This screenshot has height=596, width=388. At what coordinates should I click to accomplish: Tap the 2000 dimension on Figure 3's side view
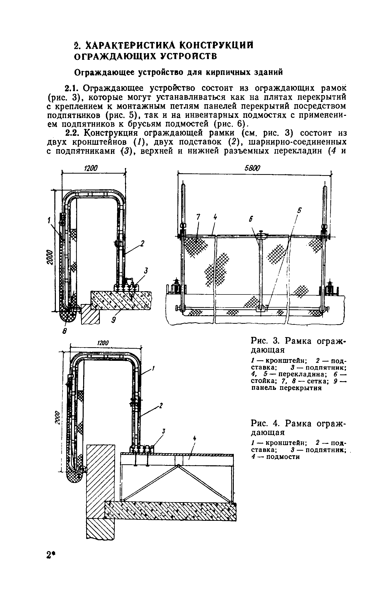point(50,257)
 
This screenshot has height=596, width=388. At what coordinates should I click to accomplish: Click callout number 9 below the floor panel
point(114,320)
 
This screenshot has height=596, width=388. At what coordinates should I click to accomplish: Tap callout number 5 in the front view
point(300,210)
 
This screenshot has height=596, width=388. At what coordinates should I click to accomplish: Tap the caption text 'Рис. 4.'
point(265,423)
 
